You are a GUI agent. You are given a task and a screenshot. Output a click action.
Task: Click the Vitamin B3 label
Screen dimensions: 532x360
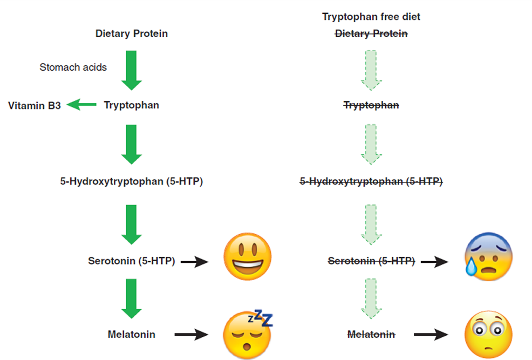tap(35, 105)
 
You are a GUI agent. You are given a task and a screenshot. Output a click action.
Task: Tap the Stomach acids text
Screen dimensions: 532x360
tap(73, 67)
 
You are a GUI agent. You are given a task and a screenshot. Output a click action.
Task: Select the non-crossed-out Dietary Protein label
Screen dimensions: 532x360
tap(132, 33)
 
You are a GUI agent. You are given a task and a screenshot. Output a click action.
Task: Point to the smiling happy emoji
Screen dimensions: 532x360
tap(247, 257)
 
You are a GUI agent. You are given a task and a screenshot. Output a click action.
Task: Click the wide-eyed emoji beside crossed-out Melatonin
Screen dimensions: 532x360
tap(488, 335)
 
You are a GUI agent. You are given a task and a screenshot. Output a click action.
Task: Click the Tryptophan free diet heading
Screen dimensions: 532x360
tap(371, 17)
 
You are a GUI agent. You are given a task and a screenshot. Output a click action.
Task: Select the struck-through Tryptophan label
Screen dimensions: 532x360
tap(371, 105)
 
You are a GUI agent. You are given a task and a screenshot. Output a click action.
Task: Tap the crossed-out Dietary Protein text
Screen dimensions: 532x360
tap(371, 33)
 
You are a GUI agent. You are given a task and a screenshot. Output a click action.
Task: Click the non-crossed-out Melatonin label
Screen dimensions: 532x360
tap(132, 334)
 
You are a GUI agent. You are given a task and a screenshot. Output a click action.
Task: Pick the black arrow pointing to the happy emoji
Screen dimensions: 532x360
tap(195, 262)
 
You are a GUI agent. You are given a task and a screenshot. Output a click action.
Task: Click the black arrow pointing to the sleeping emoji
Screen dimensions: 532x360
tap(192, 335)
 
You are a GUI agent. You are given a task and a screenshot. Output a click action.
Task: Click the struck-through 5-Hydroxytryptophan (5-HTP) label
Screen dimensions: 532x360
tap(371, 182)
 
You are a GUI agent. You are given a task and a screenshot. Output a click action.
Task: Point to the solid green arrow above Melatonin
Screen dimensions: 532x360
tap(132, 298)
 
